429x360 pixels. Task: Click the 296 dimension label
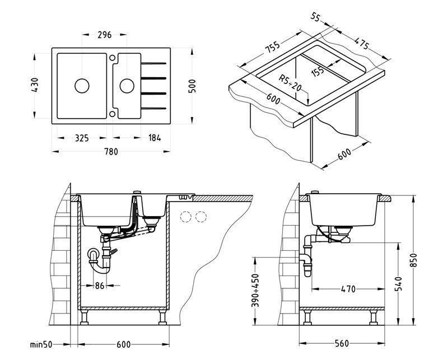click(104, 35)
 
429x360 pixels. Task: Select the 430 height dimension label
click(35, 85)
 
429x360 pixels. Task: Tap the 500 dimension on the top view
click(192, 85)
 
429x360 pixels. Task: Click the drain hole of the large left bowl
click(82, 85)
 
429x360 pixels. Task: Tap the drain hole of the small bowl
click(127, 85)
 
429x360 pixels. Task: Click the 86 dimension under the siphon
click(99, 286)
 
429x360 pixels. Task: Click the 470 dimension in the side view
click(348, 289)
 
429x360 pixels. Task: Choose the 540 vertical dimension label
click(398, 284)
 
